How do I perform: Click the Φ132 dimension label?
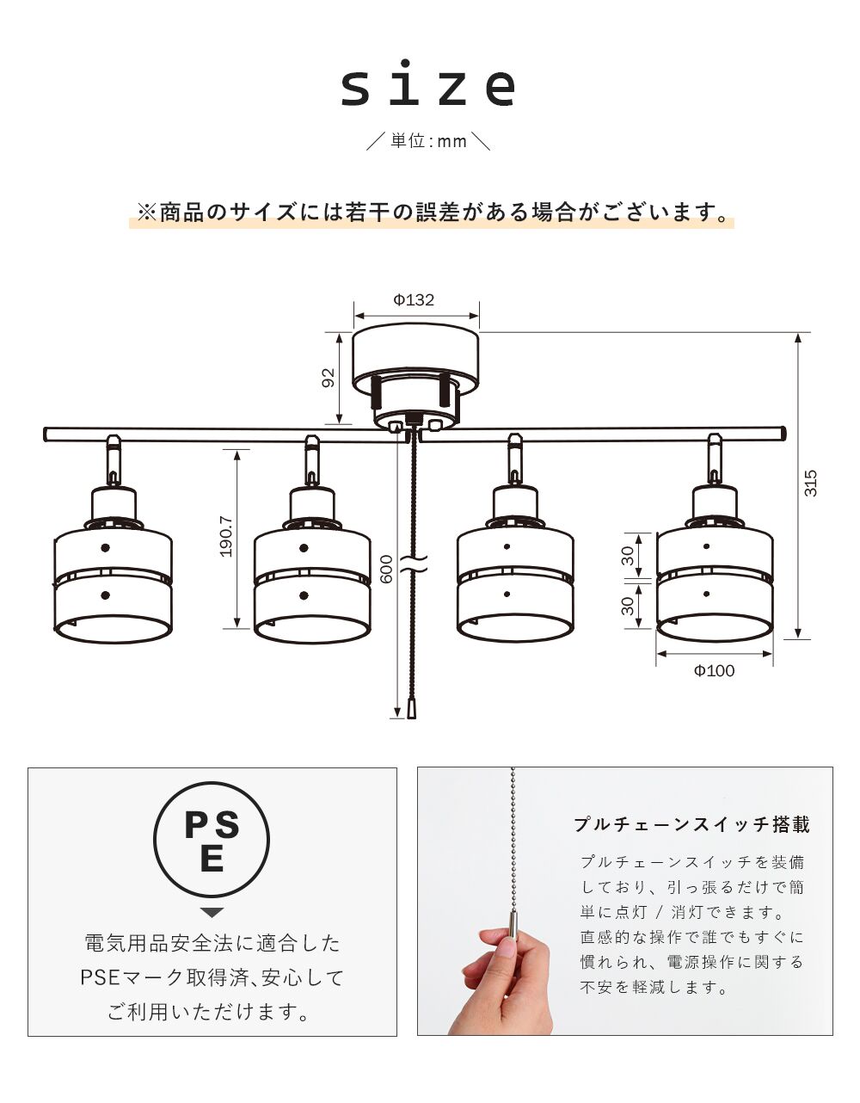[414, 300]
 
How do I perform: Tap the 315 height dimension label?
[811, 484]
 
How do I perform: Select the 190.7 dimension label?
[226, 536]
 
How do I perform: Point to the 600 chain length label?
[387, 569]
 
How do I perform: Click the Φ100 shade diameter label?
[714, 670]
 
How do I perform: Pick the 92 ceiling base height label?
[329, 377]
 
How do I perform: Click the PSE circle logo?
[212, 839]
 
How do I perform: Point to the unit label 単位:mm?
[429, 141]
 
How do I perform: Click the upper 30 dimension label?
[628, 555]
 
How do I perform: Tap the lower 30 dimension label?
[628, 606]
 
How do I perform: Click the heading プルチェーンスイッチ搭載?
[692, 824]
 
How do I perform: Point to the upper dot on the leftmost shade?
[105, 548]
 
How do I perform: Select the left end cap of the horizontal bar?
[46, 435]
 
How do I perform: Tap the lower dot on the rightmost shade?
[706, 594]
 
